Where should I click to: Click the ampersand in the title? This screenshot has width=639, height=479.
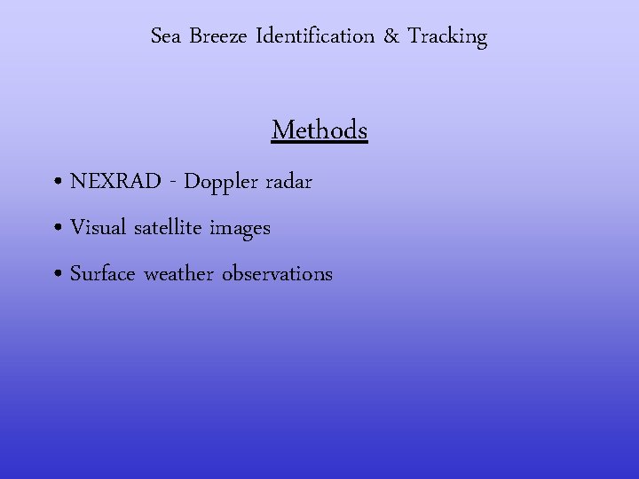[x=391, y=37]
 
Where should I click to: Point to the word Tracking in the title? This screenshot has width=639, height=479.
[x=447, y=37]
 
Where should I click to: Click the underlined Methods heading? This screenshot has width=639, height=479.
[x=319, y=130]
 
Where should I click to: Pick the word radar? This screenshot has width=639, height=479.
[x=290, y=182]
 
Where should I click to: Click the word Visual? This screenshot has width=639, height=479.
[x=99, y=228]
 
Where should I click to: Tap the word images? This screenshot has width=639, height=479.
[x=240, y=229]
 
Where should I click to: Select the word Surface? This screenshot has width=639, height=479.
[x=102, y=274]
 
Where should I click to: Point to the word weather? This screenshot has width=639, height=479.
[x=178, y=274]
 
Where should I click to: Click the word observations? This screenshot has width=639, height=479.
[x=277, y=274]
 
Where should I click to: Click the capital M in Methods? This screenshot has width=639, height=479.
[x=284, y=130]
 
